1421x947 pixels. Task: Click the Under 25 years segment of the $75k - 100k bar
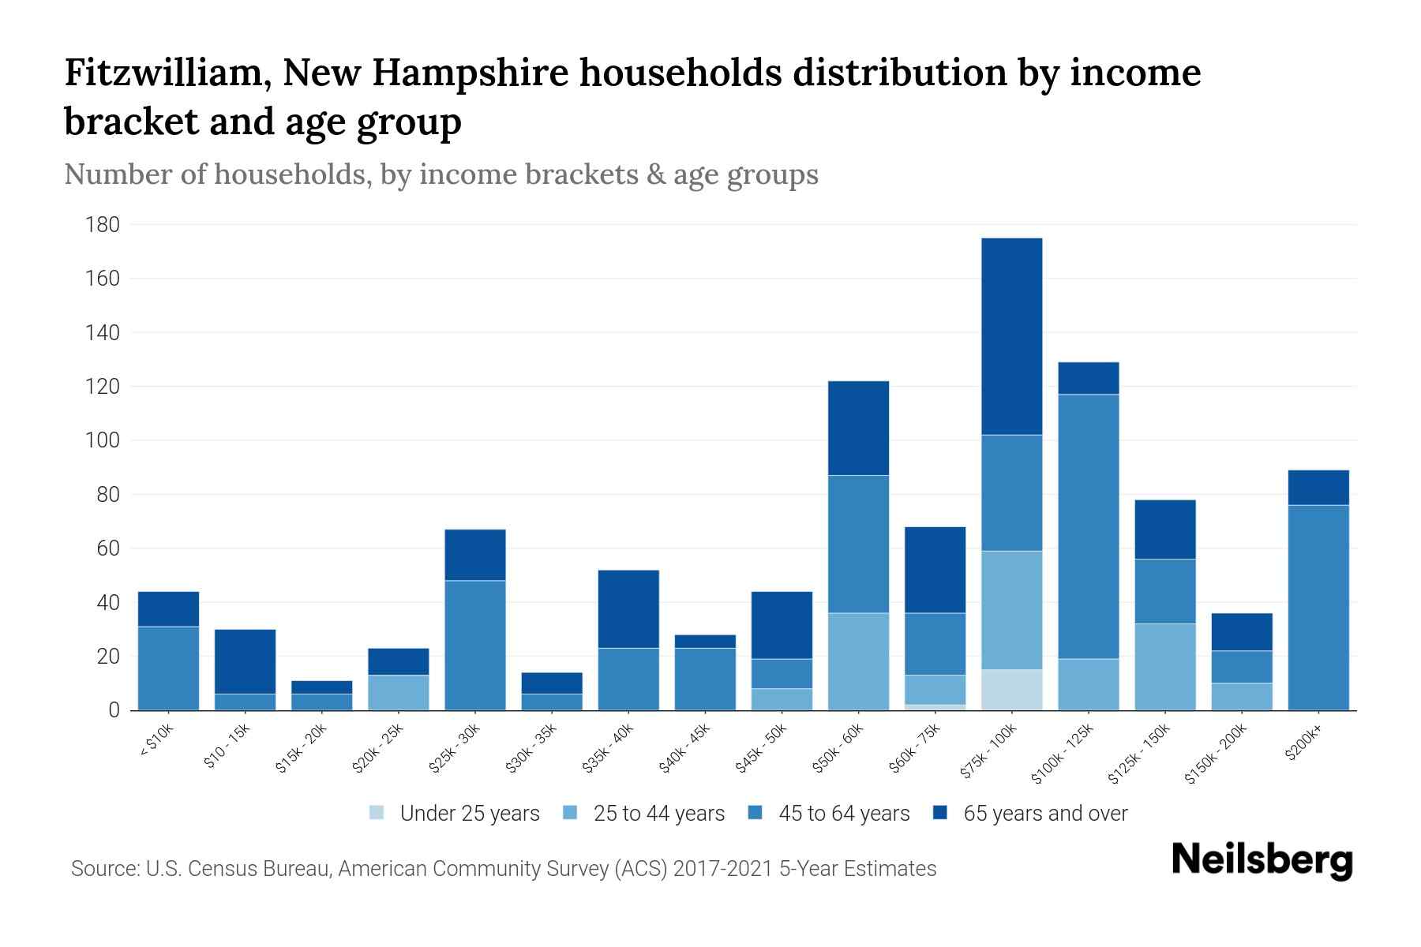(1011, 690)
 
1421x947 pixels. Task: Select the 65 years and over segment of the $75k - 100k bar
(1011, 336)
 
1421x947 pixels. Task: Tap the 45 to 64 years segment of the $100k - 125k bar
(1088, 526)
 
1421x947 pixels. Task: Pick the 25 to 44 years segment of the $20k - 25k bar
(398, 692)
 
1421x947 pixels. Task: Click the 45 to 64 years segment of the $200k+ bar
(1318, 608)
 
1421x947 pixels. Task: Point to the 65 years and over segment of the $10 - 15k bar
(245, 661)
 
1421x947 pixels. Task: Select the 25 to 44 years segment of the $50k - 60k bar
(858, 661)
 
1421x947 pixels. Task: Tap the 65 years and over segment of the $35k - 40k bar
(628, 609)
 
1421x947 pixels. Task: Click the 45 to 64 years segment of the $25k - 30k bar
(475, 645)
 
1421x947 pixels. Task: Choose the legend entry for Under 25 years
(469, 814)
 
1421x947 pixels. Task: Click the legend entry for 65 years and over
(1044, 814)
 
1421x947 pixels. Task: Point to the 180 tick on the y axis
(102, 225)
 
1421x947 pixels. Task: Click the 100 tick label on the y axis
(102, 440)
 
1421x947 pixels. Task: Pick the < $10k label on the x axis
(157, 742)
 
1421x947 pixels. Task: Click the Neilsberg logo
(1262, 860)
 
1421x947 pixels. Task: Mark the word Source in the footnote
(103, 869)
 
